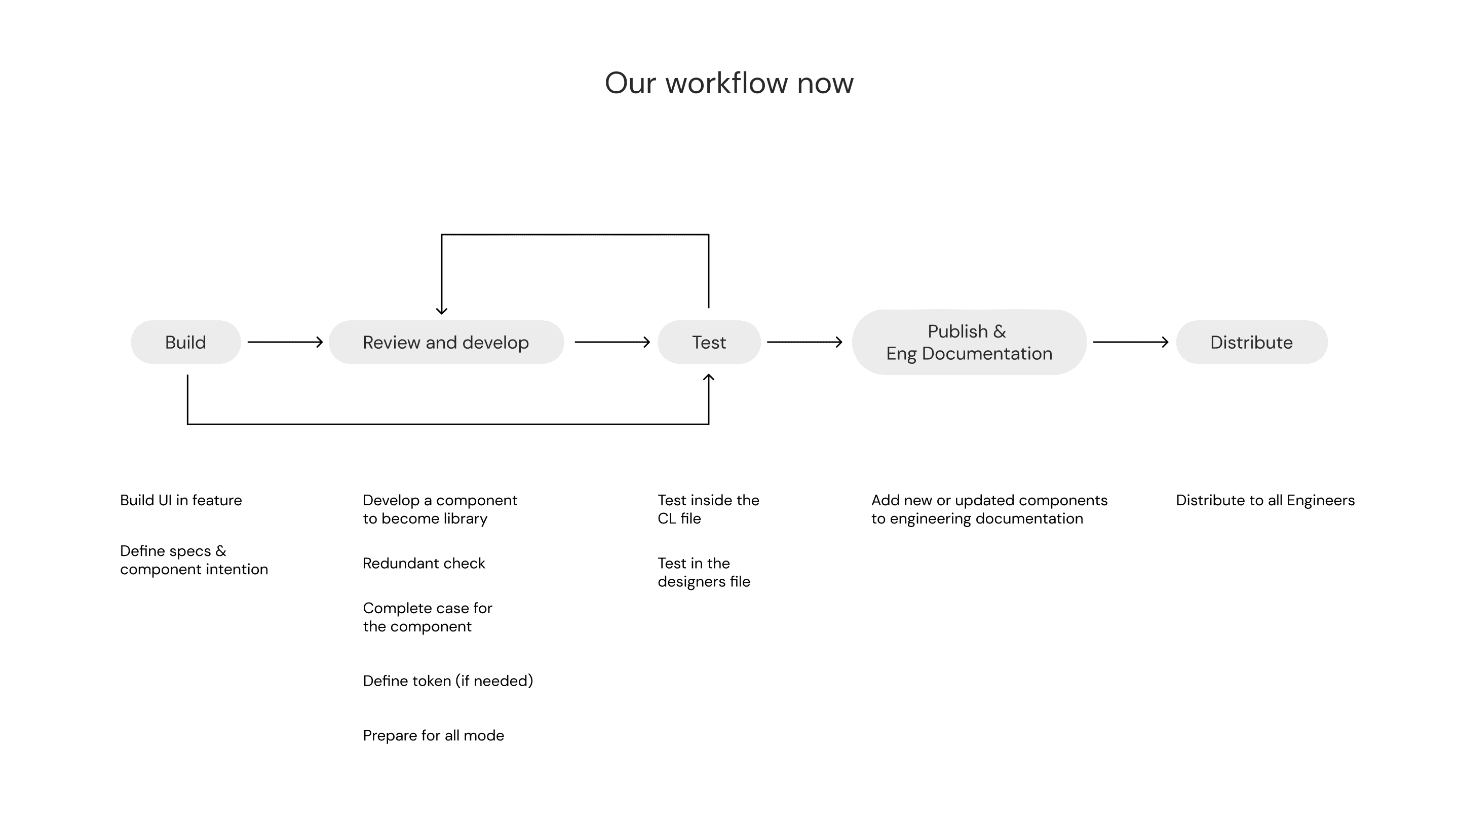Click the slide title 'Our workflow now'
[729, 83]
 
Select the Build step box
[186, 342]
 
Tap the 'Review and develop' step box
[446, 342]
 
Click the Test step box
[709, 342]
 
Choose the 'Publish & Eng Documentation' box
[969, 342]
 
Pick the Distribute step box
[1252, 342]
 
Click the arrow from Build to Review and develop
[285, 342]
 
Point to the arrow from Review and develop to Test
[612, 342]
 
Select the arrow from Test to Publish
[805, 342]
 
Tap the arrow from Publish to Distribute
[1131, 342]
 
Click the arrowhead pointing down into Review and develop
[442, 311]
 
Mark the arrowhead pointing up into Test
[709, 378]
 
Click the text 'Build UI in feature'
[181, 500]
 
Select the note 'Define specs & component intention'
[194, 560]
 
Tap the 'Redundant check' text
[424, 563]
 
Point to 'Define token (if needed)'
[448, 681]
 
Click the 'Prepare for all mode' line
[433, 735]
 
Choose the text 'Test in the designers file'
[704, 572]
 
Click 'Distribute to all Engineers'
[1265, 500]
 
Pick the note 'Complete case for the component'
[428, 617]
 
